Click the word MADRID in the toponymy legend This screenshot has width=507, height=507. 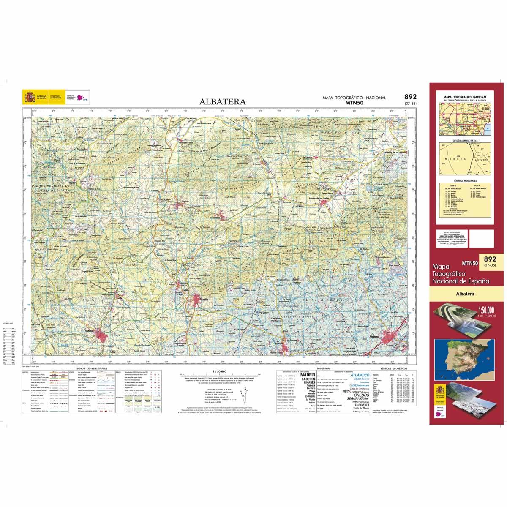(x=307, y=375)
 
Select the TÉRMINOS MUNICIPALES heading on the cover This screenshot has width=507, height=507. (x=464, y=180)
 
